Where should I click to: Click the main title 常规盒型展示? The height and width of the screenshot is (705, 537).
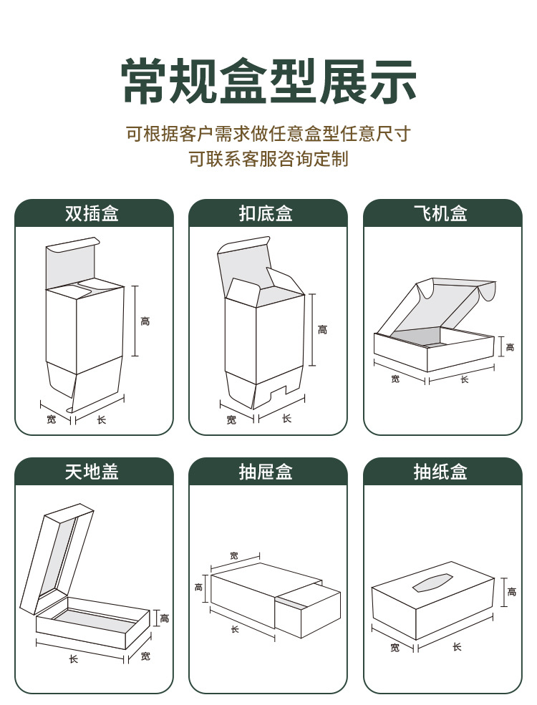[268, 82]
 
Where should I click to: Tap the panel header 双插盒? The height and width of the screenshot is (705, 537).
[94, 213]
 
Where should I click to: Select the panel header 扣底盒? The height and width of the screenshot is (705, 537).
[268, 213]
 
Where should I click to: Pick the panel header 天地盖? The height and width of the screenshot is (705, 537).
[94, 472]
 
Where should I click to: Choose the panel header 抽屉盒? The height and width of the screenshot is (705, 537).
[268, 472]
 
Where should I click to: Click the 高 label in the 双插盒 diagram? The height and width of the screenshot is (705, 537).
[145, 321]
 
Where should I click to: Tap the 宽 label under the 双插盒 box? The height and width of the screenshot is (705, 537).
[51, 419]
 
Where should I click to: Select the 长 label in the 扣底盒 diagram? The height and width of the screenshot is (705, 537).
[286, 418]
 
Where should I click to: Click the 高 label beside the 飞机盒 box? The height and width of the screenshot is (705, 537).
[510, 347]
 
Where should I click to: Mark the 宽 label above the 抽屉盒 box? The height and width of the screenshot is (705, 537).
[234, 555]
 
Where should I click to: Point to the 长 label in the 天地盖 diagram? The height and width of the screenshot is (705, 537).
[73, 659]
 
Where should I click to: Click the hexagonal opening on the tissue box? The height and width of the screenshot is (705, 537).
[433, 583]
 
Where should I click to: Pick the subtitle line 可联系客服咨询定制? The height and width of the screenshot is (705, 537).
[268, 159]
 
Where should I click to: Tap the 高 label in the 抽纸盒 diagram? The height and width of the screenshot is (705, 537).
[511, 592]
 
